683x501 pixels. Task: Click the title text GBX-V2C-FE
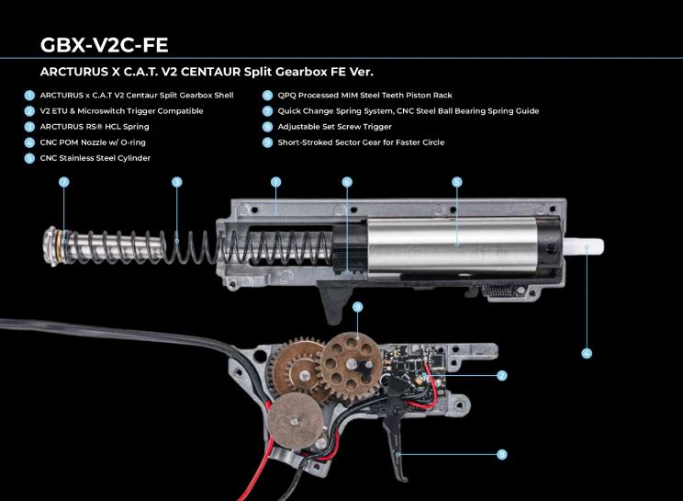(104, 45)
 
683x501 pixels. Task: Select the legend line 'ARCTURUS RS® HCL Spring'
(95, 126)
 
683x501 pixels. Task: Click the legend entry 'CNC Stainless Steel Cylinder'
(95, 157)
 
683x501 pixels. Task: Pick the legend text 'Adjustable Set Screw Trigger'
(334, 126)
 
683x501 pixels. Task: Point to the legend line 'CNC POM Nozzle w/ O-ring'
(93, 142)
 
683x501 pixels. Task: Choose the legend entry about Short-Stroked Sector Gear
(361, 142)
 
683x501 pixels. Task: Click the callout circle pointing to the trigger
(502, 454)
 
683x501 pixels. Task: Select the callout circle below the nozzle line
(587, 352)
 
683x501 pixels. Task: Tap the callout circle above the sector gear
(358, 306)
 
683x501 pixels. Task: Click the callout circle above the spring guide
(63, 182)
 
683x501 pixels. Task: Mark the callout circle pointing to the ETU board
(502, 375)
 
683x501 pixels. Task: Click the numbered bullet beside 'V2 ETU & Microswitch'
(30, 110)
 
